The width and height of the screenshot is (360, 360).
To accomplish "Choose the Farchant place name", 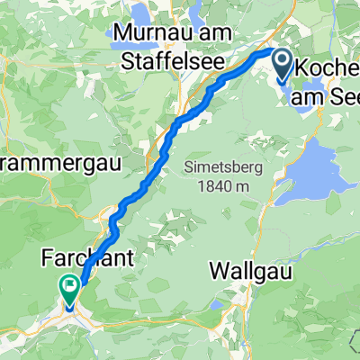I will pos(87,259).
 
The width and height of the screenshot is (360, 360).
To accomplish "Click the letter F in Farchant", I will pos(47,259).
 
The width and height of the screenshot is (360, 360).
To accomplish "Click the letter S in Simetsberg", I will pos(184,167).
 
